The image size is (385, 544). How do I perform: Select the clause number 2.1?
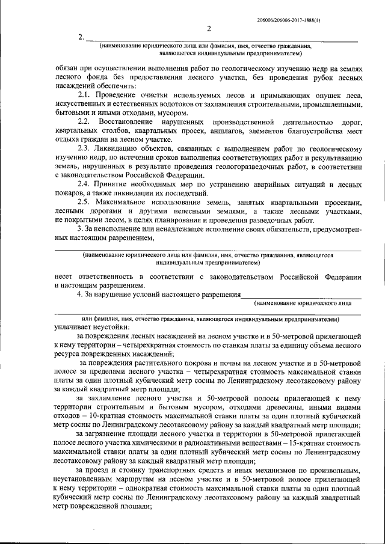point(87,96)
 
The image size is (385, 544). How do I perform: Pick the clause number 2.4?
point(87,183)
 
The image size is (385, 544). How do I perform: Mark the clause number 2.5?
point(87,202)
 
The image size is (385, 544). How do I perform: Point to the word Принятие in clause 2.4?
point(119,183)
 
